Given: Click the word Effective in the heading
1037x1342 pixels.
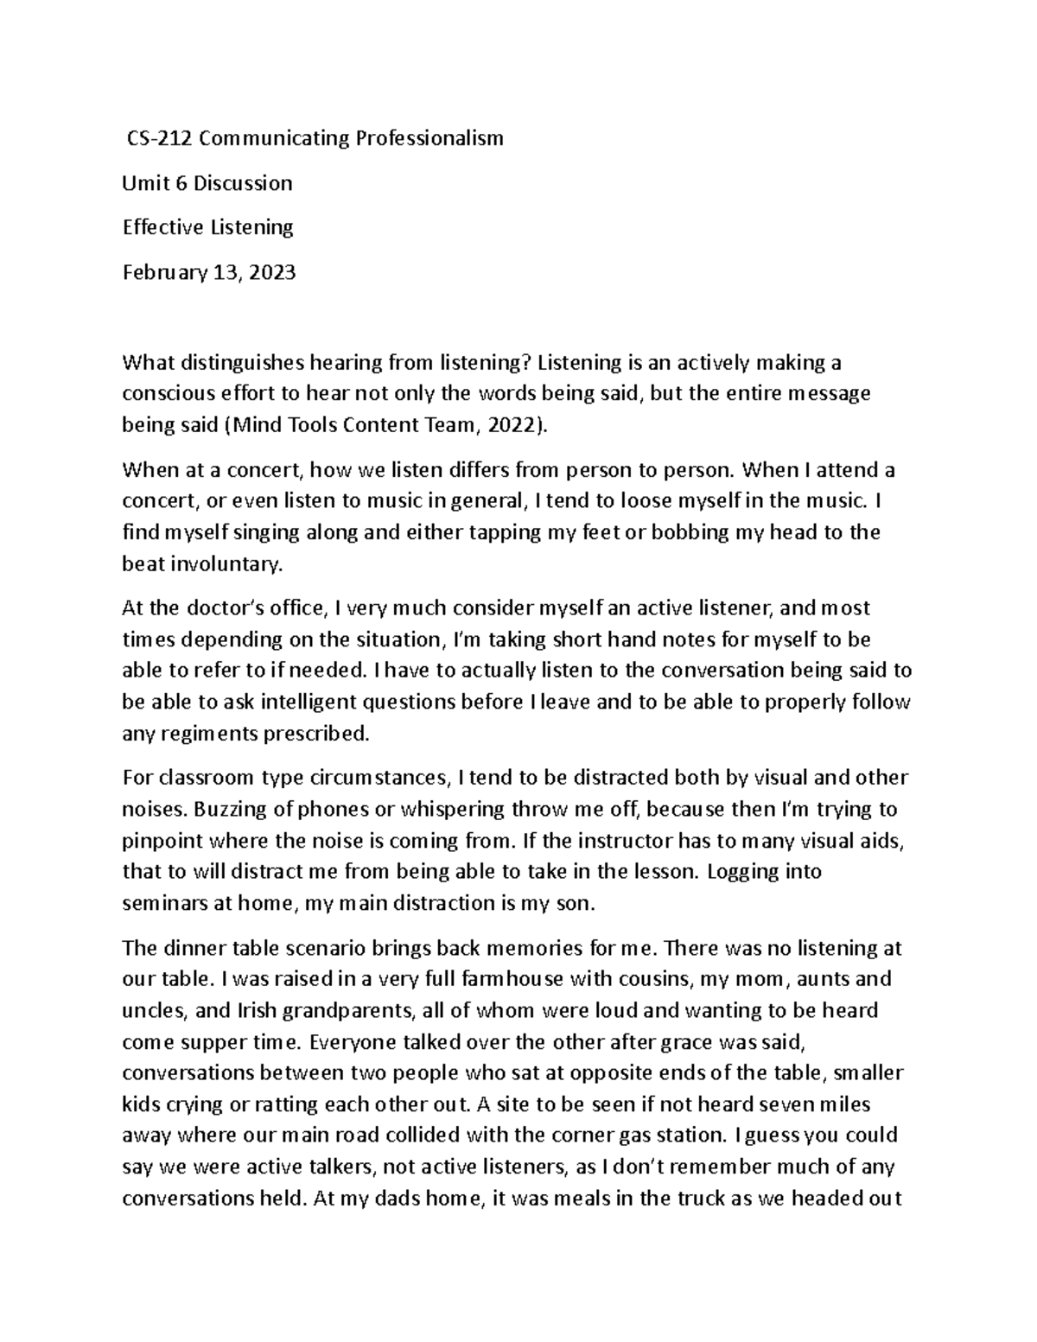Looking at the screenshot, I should [x=162, y=227].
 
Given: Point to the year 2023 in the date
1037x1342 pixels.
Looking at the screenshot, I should [x=271, y=273].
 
